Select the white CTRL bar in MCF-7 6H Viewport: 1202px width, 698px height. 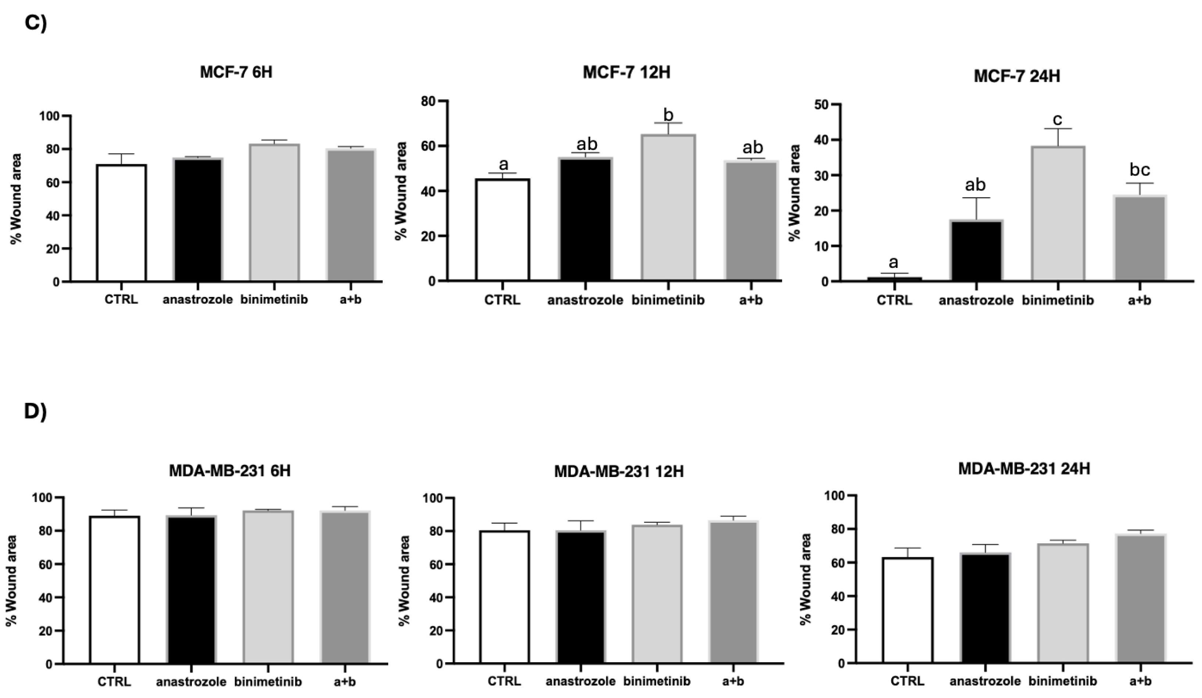pyautogui.click(x=121, y=223)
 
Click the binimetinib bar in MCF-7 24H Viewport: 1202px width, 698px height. pyautogui.click(x=1058, y=213)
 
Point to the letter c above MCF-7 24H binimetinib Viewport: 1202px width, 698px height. pyautogui.click(x=1058, y=120)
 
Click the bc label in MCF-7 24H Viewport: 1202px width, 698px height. pyautogui.click(x=1140, y=169)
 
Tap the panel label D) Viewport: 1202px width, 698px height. pyautogui.click(x=35, y=412)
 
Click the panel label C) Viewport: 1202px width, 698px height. pyautogui.click(x=35, y=23)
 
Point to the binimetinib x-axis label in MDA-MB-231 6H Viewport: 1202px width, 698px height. pyautogui.click(x=268, y=682)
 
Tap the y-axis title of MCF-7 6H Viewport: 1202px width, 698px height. pyautogui.click(x=16, y=198)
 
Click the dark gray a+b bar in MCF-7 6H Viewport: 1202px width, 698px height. pyautogui.click(x=351, y=215)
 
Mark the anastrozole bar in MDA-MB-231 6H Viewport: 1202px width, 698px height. pyautogui.click(x=191, y=590)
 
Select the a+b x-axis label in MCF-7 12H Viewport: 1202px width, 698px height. pyautogui.click(x=750, y=300)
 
